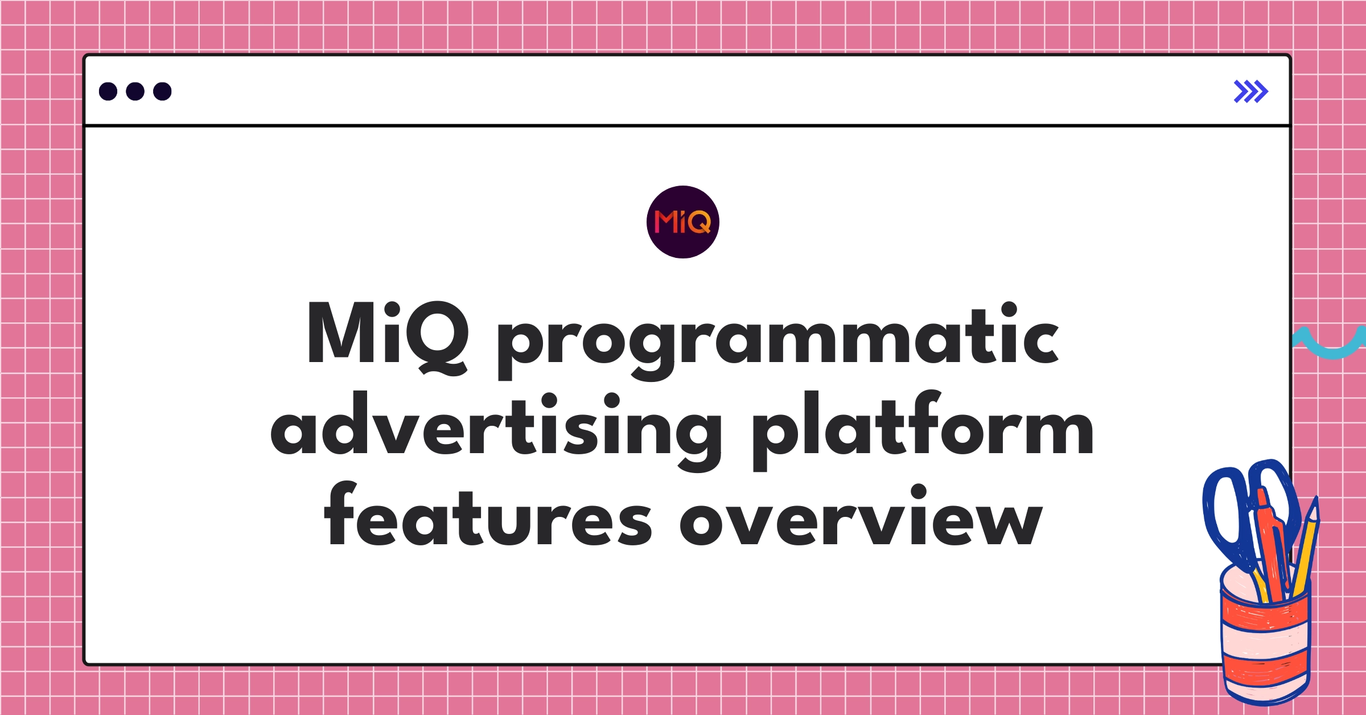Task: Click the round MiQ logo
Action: point(682,222)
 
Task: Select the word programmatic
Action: point(777,342)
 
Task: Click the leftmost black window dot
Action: point(108,91)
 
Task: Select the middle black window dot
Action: point(135,91)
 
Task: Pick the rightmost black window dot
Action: point(162,91)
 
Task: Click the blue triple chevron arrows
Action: point(1250,91)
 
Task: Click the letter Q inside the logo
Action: point(700,222)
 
